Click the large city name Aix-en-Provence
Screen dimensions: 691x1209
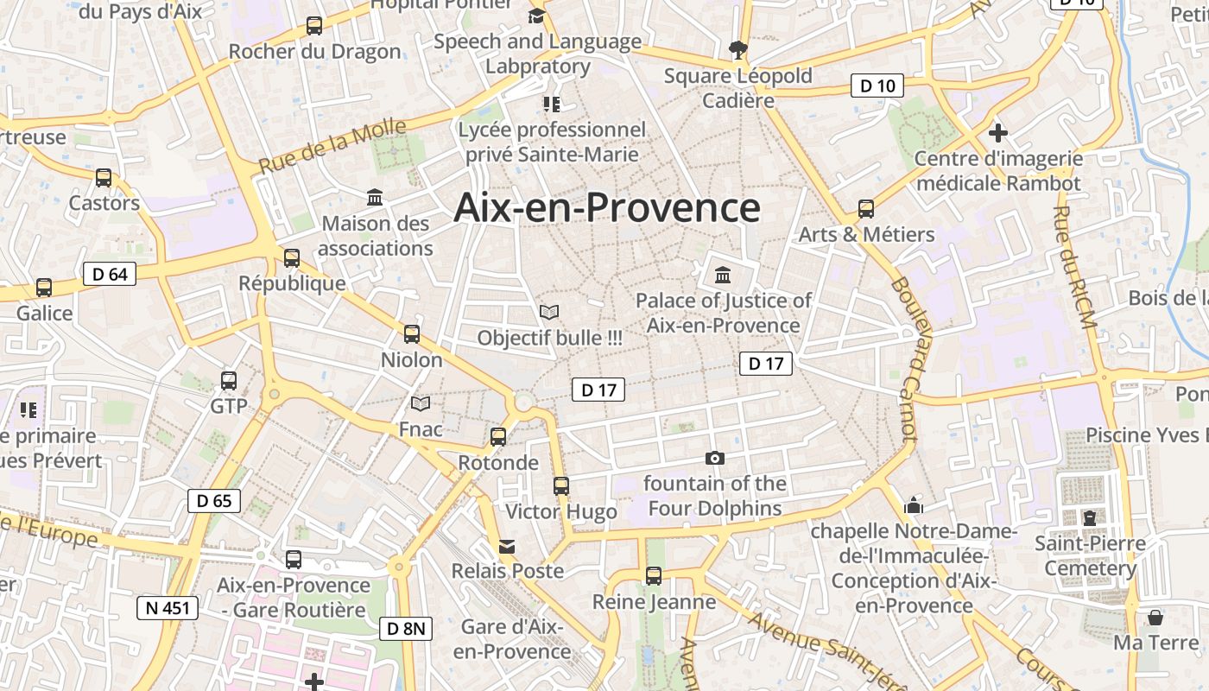[x=607, y=208]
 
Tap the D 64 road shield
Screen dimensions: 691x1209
[x=110, y=275]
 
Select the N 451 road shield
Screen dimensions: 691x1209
[x=168, y=608]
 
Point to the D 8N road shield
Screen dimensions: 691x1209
[x=405, y=629]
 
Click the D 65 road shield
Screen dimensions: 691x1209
[x=214, y=501]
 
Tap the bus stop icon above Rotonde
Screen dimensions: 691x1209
[x=498, y=437]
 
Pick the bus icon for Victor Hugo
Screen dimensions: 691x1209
[x=561, y=486]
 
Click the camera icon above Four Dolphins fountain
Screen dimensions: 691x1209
[x=715, y=459]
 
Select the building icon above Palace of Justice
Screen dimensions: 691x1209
[x=723, y=276]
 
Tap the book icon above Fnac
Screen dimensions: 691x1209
[x=421, y=403]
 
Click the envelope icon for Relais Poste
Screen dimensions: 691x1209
[x=507, y=546]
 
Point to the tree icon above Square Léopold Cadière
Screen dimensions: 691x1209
[x=737, y=50]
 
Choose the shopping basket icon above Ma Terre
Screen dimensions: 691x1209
[x=1155, y=618]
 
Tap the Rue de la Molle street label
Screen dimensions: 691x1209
[x=332, y=146]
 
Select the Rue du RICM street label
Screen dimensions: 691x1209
[x=1074, y=267]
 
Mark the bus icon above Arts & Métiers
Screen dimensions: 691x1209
[x=866, y=209]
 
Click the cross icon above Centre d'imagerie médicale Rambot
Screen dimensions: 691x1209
[x=998, y=133]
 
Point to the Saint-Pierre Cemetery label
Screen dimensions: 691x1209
[x=1090, y=555]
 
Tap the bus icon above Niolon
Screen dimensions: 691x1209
[x=412, y=334]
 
